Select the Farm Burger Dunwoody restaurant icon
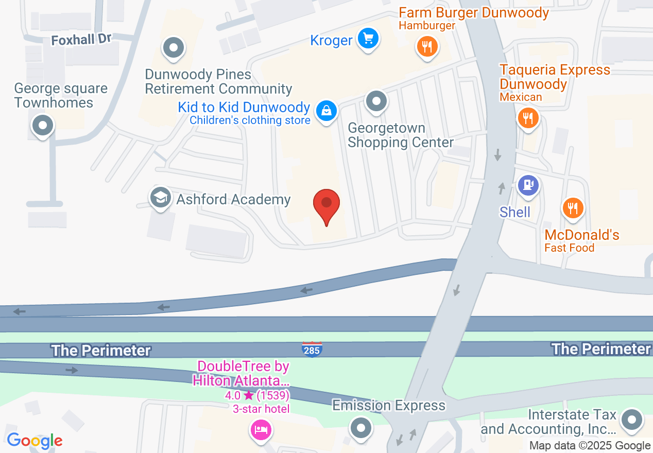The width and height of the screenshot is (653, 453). point(427,47)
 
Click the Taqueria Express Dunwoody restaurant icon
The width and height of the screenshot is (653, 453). point(528,118)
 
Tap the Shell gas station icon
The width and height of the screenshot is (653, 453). point(528,185)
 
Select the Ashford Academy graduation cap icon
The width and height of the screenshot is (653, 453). point(161,197)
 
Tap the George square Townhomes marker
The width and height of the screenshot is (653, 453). point(43,125)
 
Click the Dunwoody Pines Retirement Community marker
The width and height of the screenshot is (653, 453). point(174,48)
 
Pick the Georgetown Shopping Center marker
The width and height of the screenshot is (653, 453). point(376,101)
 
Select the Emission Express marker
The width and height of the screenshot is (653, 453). point(361,427)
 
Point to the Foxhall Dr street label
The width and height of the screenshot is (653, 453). point(81,39)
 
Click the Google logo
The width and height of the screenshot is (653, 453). point(35,441)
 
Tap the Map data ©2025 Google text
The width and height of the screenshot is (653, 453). point(590,446)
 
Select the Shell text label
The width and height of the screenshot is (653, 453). point(515,212)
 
